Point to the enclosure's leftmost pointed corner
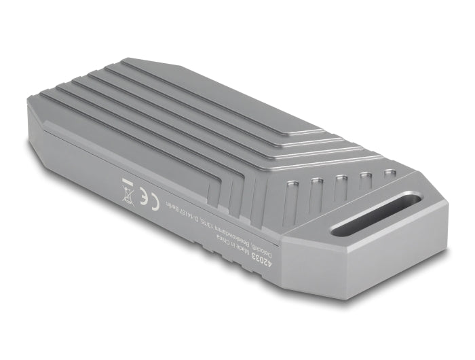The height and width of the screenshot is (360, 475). (28, 102)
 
